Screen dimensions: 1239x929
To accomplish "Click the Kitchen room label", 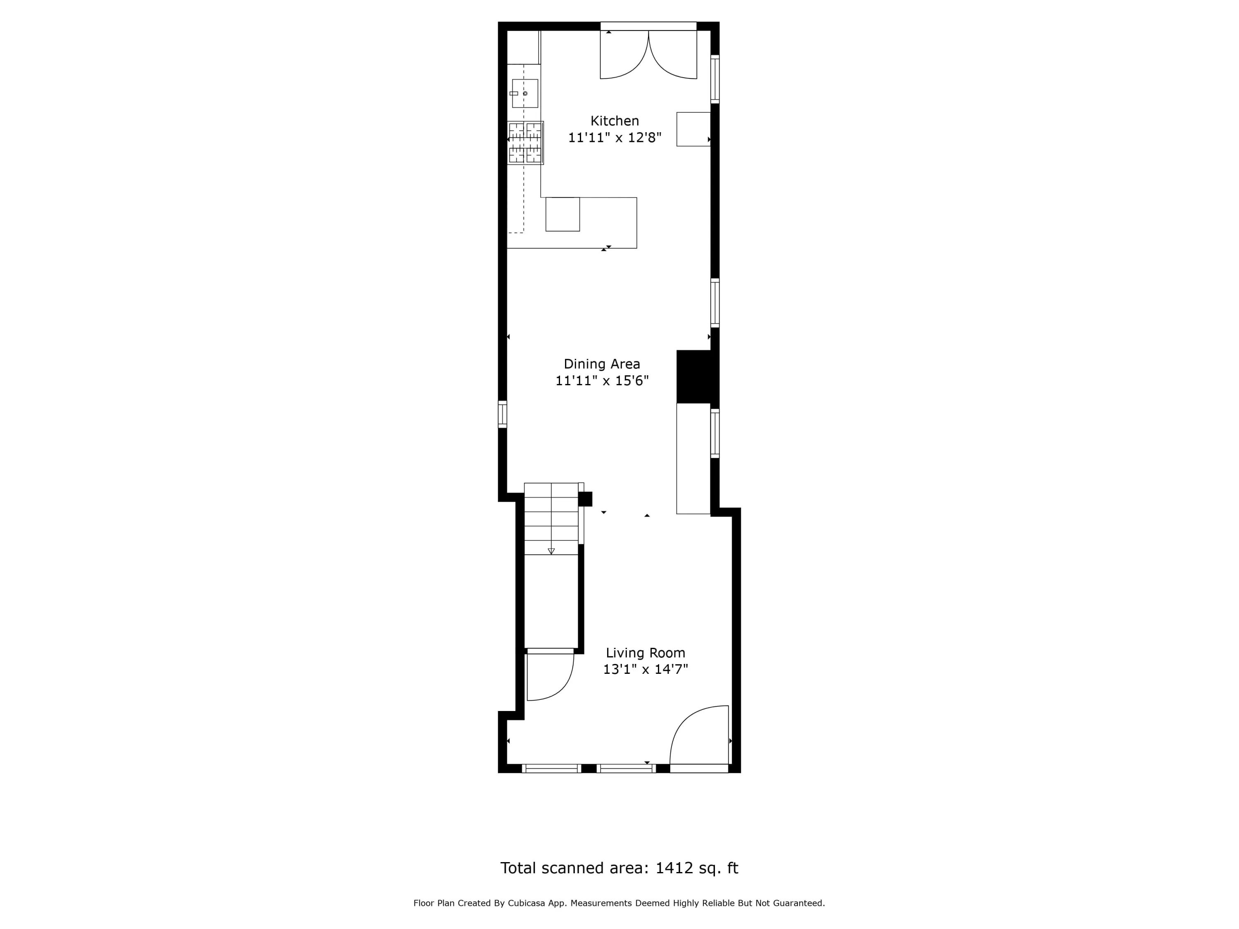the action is click(x=615, y=121).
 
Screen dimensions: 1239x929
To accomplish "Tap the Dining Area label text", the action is click(x=602, y=364).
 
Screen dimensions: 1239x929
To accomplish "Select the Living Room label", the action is click(x=645, y=653).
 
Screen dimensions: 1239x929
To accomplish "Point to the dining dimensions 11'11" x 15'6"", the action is click(x=602, y=381).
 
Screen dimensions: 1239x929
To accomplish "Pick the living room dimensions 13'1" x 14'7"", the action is click(x=645, y=669).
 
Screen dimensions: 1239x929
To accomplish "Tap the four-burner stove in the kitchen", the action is click(x=525, y=143).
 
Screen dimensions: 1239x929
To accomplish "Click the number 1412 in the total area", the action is click(x=674, y=868).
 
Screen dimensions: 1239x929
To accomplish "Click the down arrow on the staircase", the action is click(x=551, y=551).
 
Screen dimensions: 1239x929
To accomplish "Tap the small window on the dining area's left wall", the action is click(x=503, y=415).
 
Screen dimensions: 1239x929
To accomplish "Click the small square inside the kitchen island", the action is click(x=563, y=214).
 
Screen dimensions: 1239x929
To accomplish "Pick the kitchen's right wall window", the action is click(x=715, y=79).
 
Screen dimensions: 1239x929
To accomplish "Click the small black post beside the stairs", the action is click(x=585, y=499).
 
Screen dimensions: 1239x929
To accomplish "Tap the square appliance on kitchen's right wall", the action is click(x=693, y=129).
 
